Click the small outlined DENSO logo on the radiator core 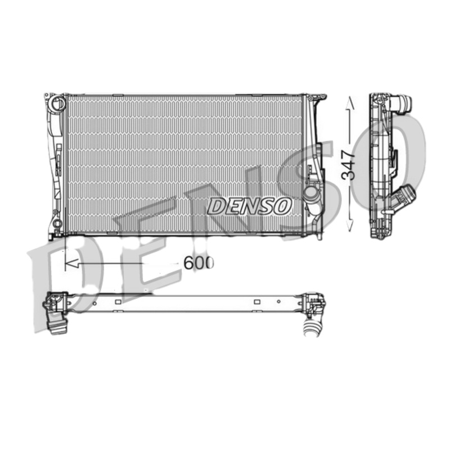[249, 206]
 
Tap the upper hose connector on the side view [403, 104]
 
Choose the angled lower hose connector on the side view [406, 198]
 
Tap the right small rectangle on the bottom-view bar [256, 302]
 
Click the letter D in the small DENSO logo [216, 206]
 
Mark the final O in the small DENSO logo [282, 206]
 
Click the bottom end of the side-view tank [380, 235]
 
